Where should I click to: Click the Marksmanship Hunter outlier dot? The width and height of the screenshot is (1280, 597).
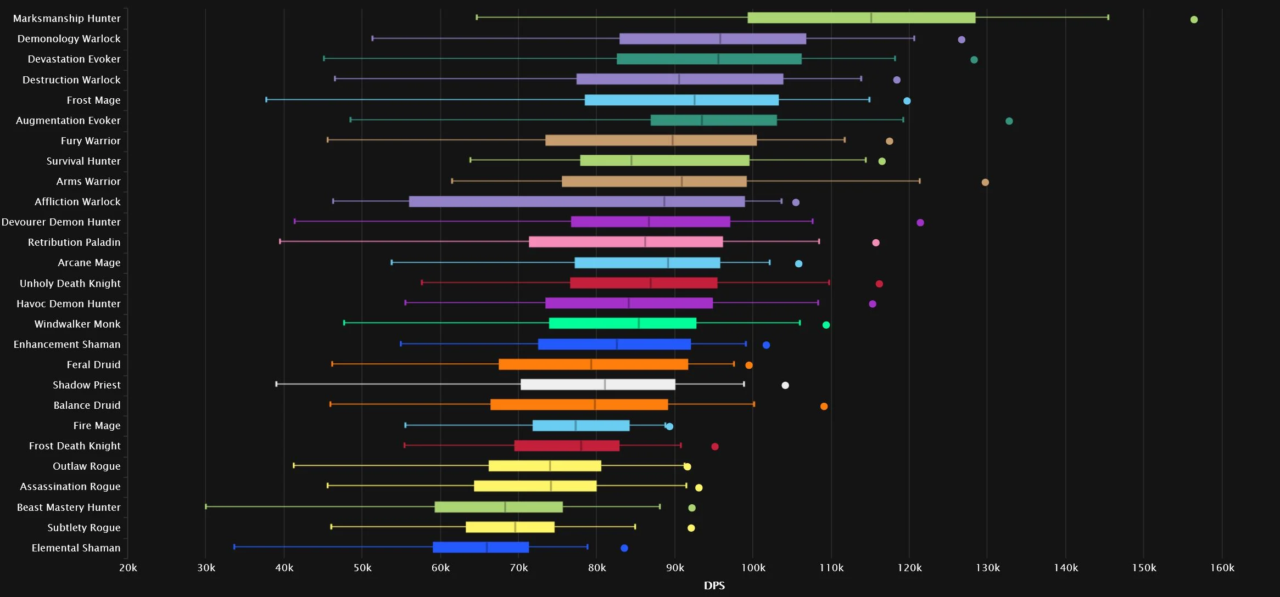[x=1194, y=20]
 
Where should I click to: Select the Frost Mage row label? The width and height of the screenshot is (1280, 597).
[x=93, y=100]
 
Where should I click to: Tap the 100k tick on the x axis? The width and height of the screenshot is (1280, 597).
[x=752, y=568]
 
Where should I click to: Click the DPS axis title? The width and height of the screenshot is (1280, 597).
[x=714, y=586]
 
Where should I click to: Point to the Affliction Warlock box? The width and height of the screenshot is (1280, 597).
[x=577, y=201]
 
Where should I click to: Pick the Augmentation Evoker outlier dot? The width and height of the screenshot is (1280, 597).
[x=1009, y=121]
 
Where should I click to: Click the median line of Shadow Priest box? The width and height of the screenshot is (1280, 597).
[x=605, y=384]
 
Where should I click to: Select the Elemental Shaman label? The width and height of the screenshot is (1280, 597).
[x=76, y=548]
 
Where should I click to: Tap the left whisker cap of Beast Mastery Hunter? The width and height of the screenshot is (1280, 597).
[x=206, y=506]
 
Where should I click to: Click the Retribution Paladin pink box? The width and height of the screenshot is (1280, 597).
[x=625, y=242]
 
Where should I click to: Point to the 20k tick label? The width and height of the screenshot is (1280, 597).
[x=128, y=568]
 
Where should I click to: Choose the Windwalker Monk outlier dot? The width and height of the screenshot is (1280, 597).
[x=826, y=325]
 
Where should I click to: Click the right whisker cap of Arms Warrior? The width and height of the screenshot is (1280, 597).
[x=920, y=181]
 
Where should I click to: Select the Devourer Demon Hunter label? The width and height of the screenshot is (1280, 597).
[x=61, y=222]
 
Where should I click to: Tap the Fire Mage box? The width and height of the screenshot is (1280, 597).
[x=581, y=425]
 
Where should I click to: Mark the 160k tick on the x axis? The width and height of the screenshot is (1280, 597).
[x=1222, y=568]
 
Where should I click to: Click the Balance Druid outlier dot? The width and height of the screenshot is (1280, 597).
[x=824, y=407]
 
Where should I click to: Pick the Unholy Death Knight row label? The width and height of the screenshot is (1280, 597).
[x=70, y=284]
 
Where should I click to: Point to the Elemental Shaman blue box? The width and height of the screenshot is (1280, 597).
[x=480, y=547]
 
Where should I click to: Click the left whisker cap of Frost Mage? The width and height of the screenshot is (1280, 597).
[x=266, y=100]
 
